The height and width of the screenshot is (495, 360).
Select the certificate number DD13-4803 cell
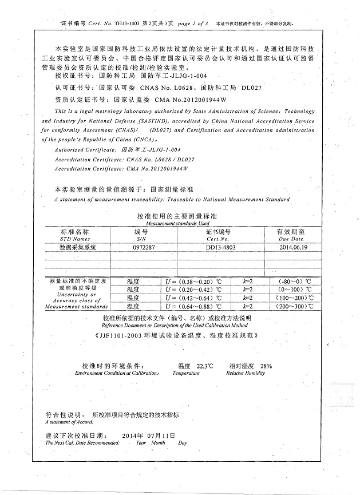point(217,247)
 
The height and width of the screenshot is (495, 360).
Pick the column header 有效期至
point(290,231)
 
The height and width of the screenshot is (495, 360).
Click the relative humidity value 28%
point(266,365)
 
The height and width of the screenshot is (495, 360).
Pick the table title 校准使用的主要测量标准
point(181,216)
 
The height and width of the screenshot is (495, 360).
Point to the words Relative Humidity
point(246,373)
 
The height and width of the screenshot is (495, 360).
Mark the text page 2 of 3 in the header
point(190,24)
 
